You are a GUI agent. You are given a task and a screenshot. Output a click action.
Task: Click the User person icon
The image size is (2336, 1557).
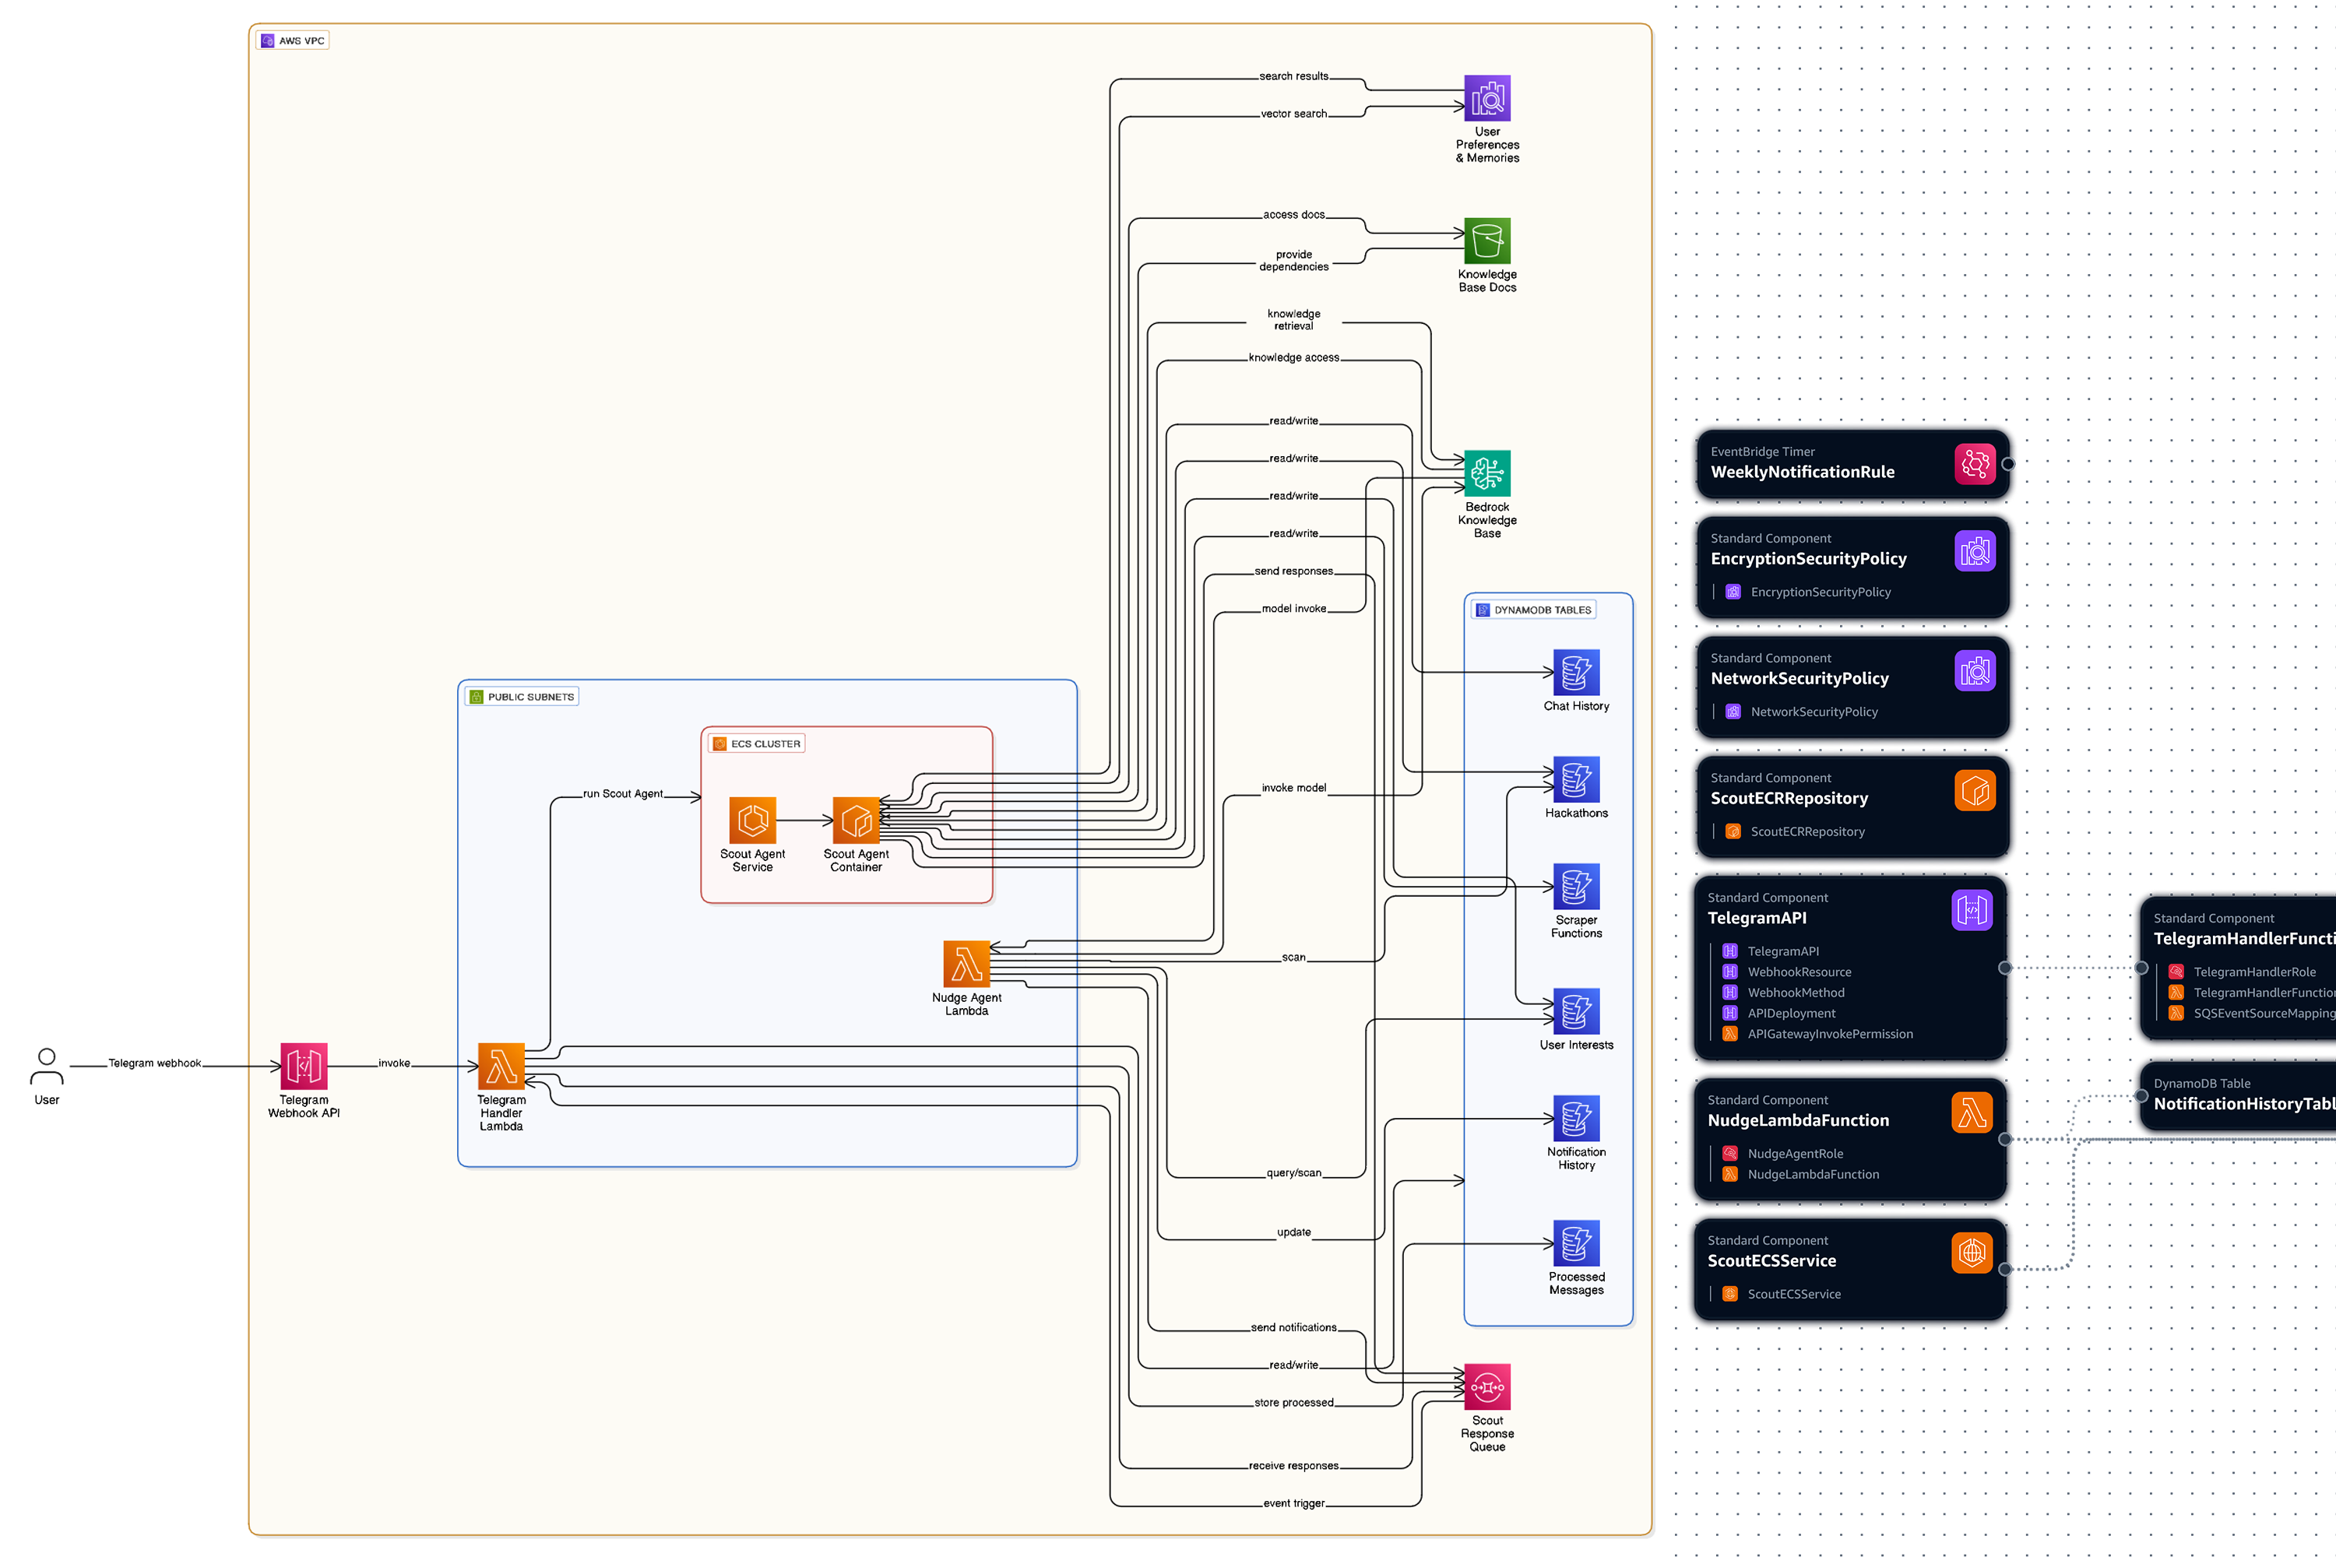tap(47, 1067)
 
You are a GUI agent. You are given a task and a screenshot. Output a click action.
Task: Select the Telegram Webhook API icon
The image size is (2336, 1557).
tap(304, 1067)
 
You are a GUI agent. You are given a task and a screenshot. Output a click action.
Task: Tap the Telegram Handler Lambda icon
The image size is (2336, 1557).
tap(501, 1067)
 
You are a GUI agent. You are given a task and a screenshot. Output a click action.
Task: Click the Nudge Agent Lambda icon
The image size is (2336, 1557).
tap(966, 965)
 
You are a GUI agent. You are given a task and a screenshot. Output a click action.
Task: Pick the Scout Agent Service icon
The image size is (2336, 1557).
tap(753, 821)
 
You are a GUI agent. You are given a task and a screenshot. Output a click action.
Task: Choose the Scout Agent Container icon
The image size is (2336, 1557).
tap(856, 821)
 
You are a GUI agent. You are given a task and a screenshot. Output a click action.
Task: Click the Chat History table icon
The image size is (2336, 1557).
tap(1576, 673)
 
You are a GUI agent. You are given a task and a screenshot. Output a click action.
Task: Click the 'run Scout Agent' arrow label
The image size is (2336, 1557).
tap(623, 794)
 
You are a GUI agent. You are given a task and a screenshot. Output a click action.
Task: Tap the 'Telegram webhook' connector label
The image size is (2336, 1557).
tap(155, 1063)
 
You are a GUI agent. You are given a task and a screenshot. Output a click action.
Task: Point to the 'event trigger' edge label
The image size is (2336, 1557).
tap(1294, 1503)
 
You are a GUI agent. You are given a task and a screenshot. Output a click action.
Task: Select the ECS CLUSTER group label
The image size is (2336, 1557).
tap(765, 743)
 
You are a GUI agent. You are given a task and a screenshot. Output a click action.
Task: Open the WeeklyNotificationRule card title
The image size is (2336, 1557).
tap(1802, 473)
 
